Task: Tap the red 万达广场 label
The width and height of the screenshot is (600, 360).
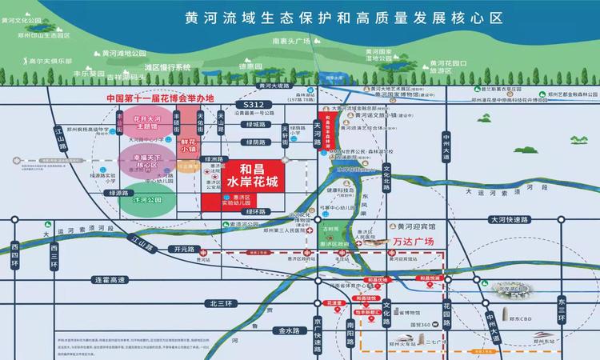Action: (x=414, y=240)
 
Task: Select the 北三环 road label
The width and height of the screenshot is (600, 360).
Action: (x=218, y=303)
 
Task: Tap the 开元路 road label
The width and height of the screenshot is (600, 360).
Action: (x=182, y=250)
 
